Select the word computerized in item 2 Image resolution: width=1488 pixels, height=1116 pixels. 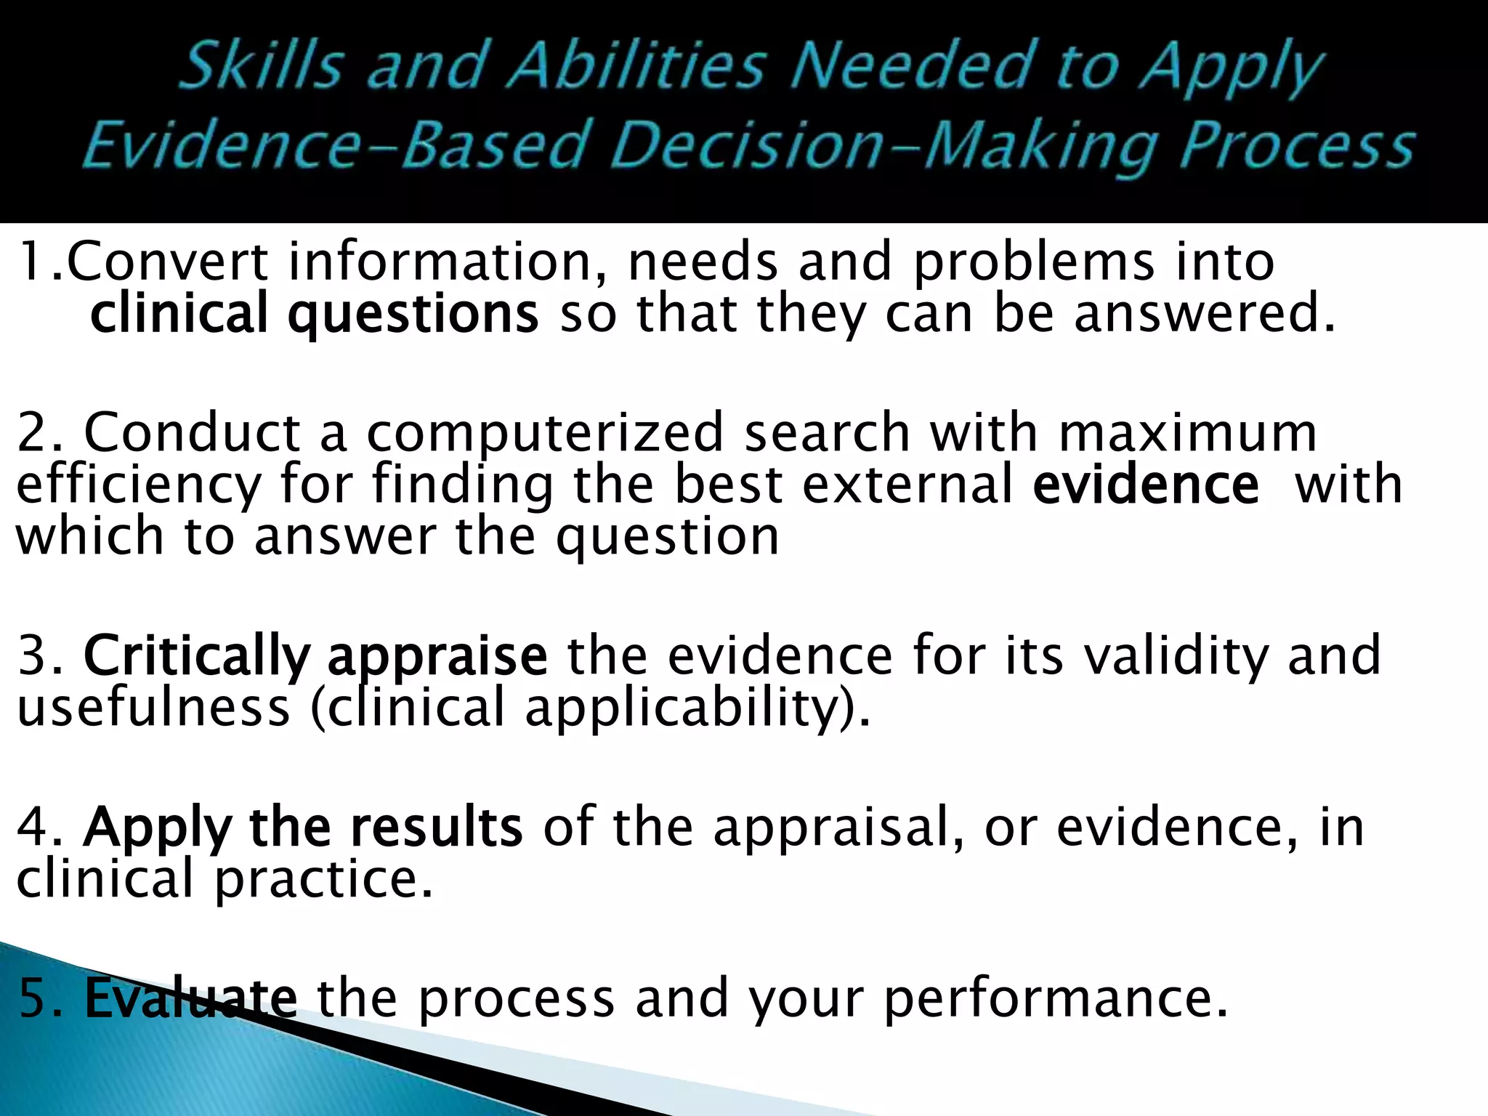click(545, 433)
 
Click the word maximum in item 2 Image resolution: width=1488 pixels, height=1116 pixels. click(1187, 433)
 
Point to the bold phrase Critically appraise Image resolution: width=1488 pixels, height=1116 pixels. click(315, 656)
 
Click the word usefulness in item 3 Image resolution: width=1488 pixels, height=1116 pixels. click(153, 708)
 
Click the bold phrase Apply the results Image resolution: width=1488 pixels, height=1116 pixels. click(302, 828)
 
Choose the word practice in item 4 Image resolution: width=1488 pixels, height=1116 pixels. click(323, 879)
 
